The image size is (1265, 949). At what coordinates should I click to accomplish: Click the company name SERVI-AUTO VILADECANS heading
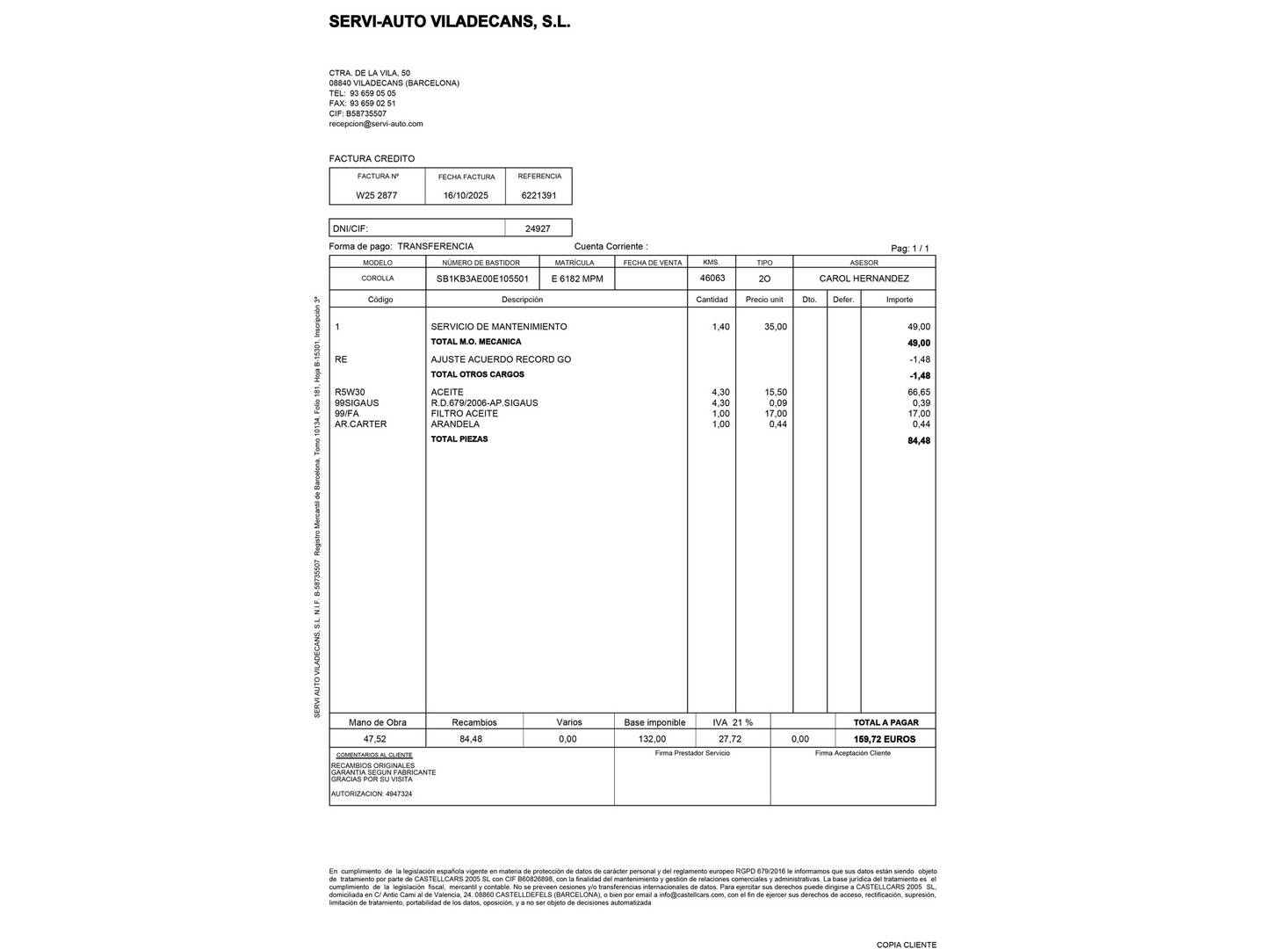(x=449, y=22)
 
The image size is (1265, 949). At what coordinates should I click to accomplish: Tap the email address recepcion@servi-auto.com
(x=376, y=124)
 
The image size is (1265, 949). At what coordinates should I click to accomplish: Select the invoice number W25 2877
(x=376, y=196)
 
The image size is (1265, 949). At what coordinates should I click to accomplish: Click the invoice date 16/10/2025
(x=466, y=196)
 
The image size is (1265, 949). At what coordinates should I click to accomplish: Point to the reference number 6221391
(x=539, y=196)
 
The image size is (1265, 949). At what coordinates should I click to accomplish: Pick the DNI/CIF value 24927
(x=538, y=228)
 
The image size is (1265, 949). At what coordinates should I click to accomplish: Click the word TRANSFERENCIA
(x=435, y=247)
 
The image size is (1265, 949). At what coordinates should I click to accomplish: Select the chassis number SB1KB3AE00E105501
(x=482, y=279)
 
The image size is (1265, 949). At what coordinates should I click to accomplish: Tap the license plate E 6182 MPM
(x=577, y=279)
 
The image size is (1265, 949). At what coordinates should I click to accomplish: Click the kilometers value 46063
(x=712, y=278)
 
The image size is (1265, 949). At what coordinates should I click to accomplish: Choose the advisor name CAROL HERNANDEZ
(x=864, y=279)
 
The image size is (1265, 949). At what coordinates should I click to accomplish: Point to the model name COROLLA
(x=378, y=279)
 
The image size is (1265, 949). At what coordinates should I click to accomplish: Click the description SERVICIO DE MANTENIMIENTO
(x=498, y=327)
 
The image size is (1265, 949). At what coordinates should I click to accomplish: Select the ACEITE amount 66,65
(x=919, y=393)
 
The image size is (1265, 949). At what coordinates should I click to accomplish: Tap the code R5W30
(x=350, y=393)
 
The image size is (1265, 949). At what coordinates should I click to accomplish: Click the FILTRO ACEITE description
(x=464, y=414)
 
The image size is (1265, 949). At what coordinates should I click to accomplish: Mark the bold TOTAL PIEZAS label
(x=459, y=439)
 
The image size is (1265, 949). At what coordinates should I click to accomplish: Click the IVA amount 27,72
(x=729, y=739)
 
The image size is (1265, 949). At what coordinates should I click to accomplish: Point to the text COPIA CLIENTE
(x=906, y=945)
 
